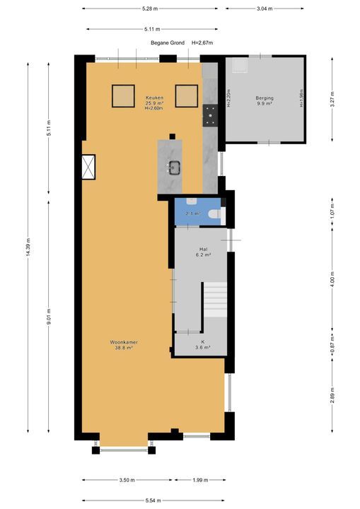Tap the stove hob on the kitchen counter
pyautogui.click(x=210, y=115)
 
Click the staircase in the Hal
pyautogui.click(x=215, y=305)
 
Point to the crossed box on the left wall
pyautogui.click(x=89, y=167)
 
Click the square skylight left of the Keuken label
pyautogui.click(x=124, y=95)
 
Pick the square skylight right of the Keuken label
pyautogui.click(x=186, y=95)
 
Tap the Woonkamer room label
pyautogui.click(x=124, y=345)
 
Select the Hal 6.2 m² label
pyautogui.click(x=203, y=252)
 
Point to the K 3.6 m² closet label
pyautogui.click(x=202, y=344)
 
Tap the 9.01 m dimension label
pyautogui.click(x=48, y=313)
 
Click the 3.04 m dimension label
pyautogui.click(x=265, y=9)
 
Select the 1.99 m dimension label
pyautogui.click(x=200, y=481)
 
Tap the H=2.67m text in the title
pyautogui.click(x=202, y=42)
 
